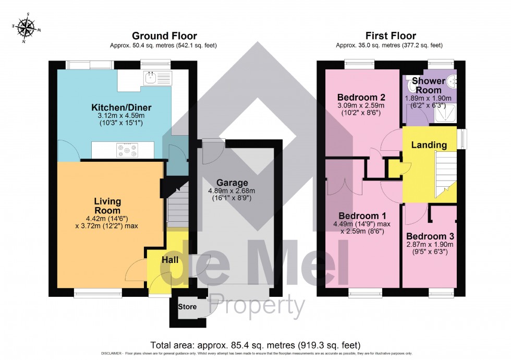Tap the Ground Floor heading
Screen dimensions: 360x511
point(164,36)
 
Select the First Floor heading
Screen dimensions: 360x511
point(390,36)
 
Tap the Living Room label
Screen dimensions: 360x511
point(107,206)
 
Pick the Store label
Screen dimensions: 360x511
point(188,307)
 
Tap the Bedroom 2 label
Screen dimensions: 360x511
point(361,97)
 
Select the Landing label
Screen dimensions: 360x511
point(429,145)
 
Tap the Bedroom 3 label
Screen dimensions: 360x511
point(429,235)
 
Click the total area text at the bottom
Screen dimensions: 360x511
point(255,345)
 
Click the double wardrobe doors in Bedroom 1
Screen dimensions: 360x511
point(338,187)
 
